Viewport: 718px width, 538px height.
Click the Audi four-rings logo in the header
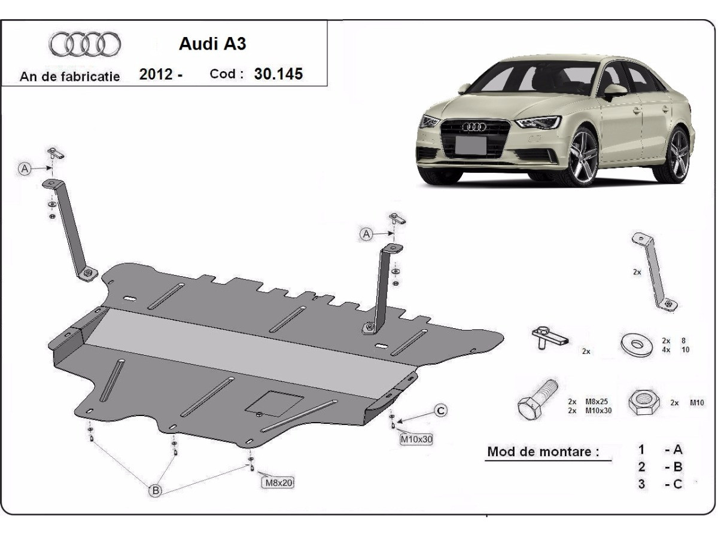point(85,44)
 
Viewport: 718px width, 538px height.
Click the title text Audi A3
point(212,45)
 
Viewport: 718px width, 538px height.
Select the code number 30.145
point(278,74)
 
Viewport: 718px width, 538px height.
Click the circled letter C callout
point(440,411)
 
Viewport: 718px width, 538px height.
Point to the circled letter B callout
point(155,491)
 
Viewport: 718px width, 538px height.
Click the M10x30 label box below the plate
point(416,439)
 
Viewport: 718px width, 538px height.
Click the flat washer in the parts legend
point(636,345)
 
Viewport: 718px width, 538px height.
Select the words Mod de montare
point(543,452)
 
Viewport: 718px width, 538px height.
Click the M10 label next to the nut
point(696,403)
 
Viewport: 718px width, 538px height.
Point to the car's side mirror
point(615,91)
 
